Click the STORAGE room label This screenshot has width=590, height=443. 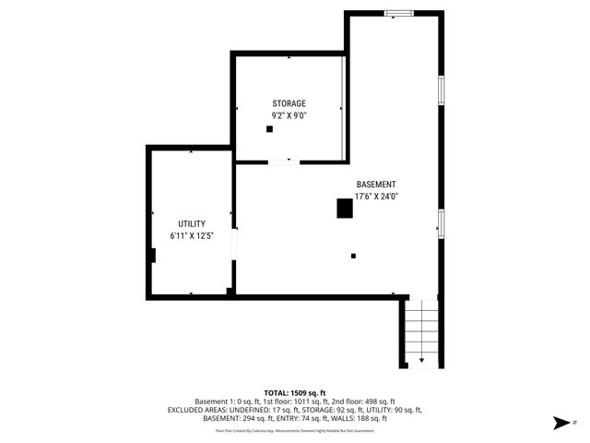(x=289, y=103)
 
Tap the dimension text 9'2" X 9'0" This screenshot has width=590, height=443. (x=289, y=115)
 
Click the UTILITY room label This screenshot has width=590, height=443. (x=192, y=224)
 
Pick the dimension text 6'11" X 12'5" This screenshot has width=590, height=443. (x=192, y=236)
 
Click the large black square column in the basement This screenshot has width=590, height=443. (x=344, y=210)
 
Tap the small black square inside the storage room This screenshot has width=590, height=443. (x=269, y=129)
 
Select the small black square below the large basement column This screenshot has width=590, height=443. (x=352, y=256)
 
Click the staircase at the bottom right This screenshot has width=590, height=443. (x=421, y=332)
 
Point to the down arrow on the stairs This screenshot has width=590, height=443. (x=421, y=358)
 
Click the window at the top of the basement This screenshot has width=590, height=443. (x=398, y=13)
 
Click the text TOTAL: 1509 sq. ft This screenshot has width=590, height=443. (x=295, y=393)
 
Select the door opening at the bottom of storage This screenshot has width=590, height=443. (x=279, y=162)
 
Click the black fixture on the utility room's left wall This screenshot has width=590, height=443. (x=152, y=256)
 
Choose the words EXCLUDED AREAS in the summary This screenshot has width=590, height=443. (x=198, y=410)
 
